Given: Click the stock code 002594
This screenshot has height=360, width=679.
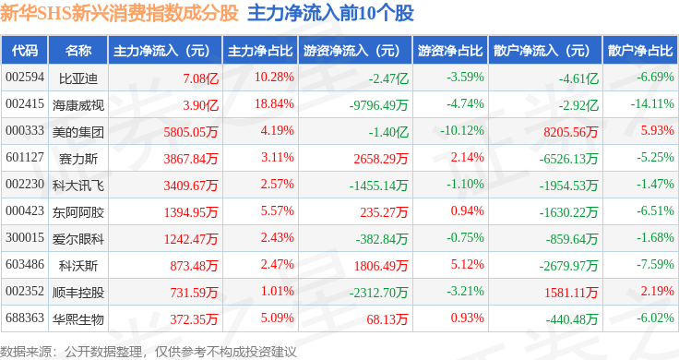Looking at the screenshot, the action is pos(25,78).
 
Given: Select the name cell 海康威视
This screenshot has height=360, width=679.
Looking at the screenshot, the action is pos(78,105).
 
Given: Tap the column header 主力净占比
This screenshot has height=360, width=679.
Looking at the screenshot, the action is pos(260,51).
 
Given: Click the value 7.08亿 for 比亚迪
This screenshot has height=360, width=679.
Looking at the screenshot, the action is pos(200,78).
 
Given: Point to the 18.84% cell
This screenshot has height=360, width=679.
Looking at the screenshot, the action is pos(274,104).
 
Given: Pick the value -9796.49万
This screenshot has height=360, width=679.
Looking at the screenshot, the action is pos(379,105).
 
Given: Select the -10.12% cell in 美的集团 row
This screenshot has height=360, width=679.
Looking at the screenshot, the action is pos(462,131).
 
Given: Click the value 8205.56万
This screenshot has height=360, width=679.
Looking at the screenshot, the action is pos(571,132).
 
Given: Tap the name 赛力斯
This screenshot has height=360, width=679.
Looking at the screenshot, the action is pos(78,159).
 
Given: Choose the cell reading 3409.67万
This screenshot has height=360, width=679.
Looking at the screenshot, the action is pos(191,186).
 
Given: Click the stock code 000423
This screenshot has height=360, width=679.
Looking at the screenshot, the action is pos(25,211).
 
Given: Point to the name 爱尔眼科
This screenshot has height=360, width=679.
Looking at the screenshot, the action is pos(78,239).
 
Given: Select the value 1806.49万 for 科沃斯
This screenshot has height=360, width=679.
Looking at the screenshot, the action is pos(381,266).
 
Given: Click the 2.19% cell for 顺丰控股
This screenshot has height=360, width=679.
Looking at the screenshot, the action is pos(658,291).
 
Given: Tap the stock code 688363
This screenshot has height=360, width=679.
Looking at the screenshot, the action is pos(25,318).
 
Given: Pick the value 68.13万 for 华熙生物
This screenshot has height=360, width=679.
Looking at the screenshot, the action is pos(387,319).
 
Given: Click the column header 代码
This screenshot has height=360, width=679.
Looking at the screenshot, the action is pos(25,51).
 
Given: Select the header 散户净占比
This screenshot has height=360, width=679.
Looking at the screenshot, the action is pos(640,51).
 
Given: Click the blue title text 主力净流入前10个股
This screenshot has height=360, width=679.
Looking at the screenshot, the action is pos(331,13).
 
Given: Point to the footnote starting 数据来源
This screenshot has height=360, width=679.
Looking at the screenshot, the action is pos(149,352).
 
